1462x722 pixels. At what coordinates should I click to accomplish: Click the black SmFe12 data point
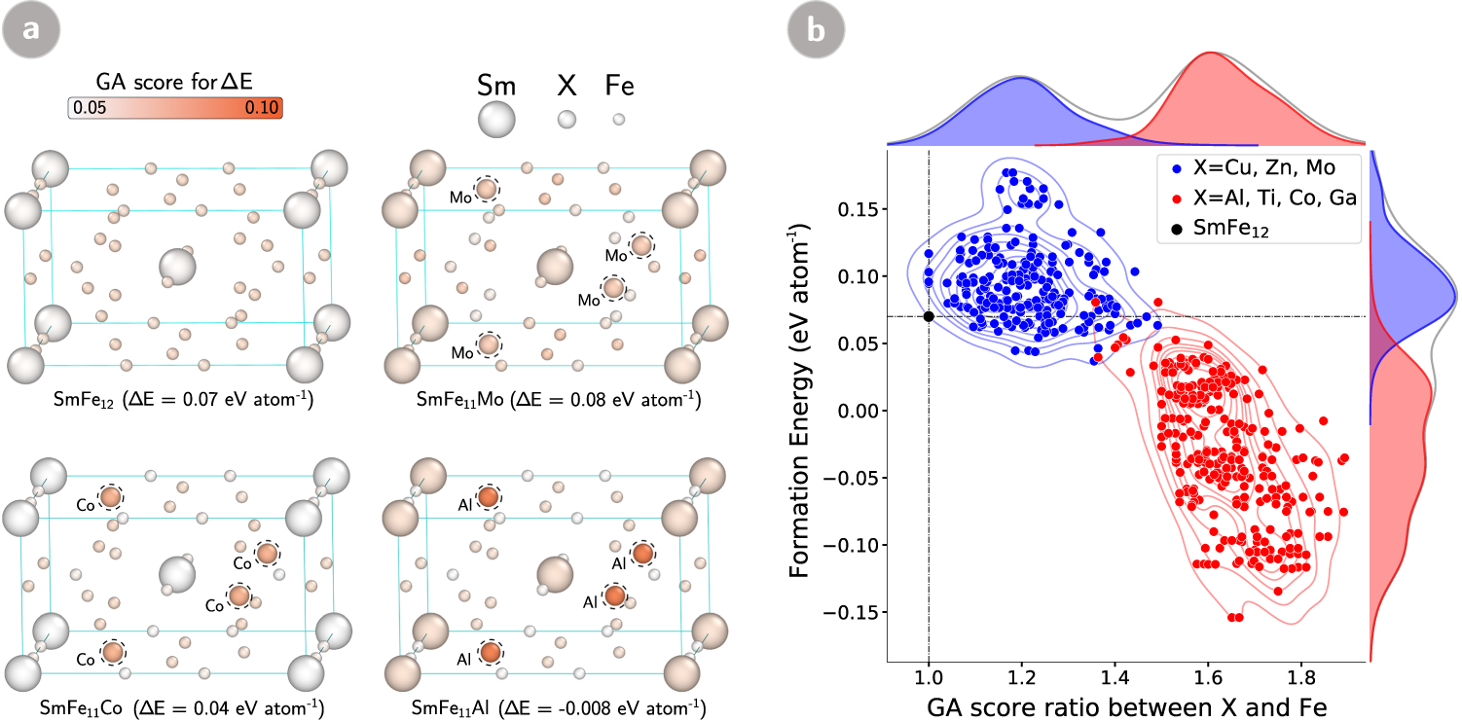click(929, 316)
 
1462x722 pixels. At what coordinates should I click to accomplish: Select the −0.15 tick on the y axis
click(851, 611)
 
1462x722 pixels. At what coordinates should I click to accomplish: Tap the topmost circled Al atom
click(489, 498)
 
